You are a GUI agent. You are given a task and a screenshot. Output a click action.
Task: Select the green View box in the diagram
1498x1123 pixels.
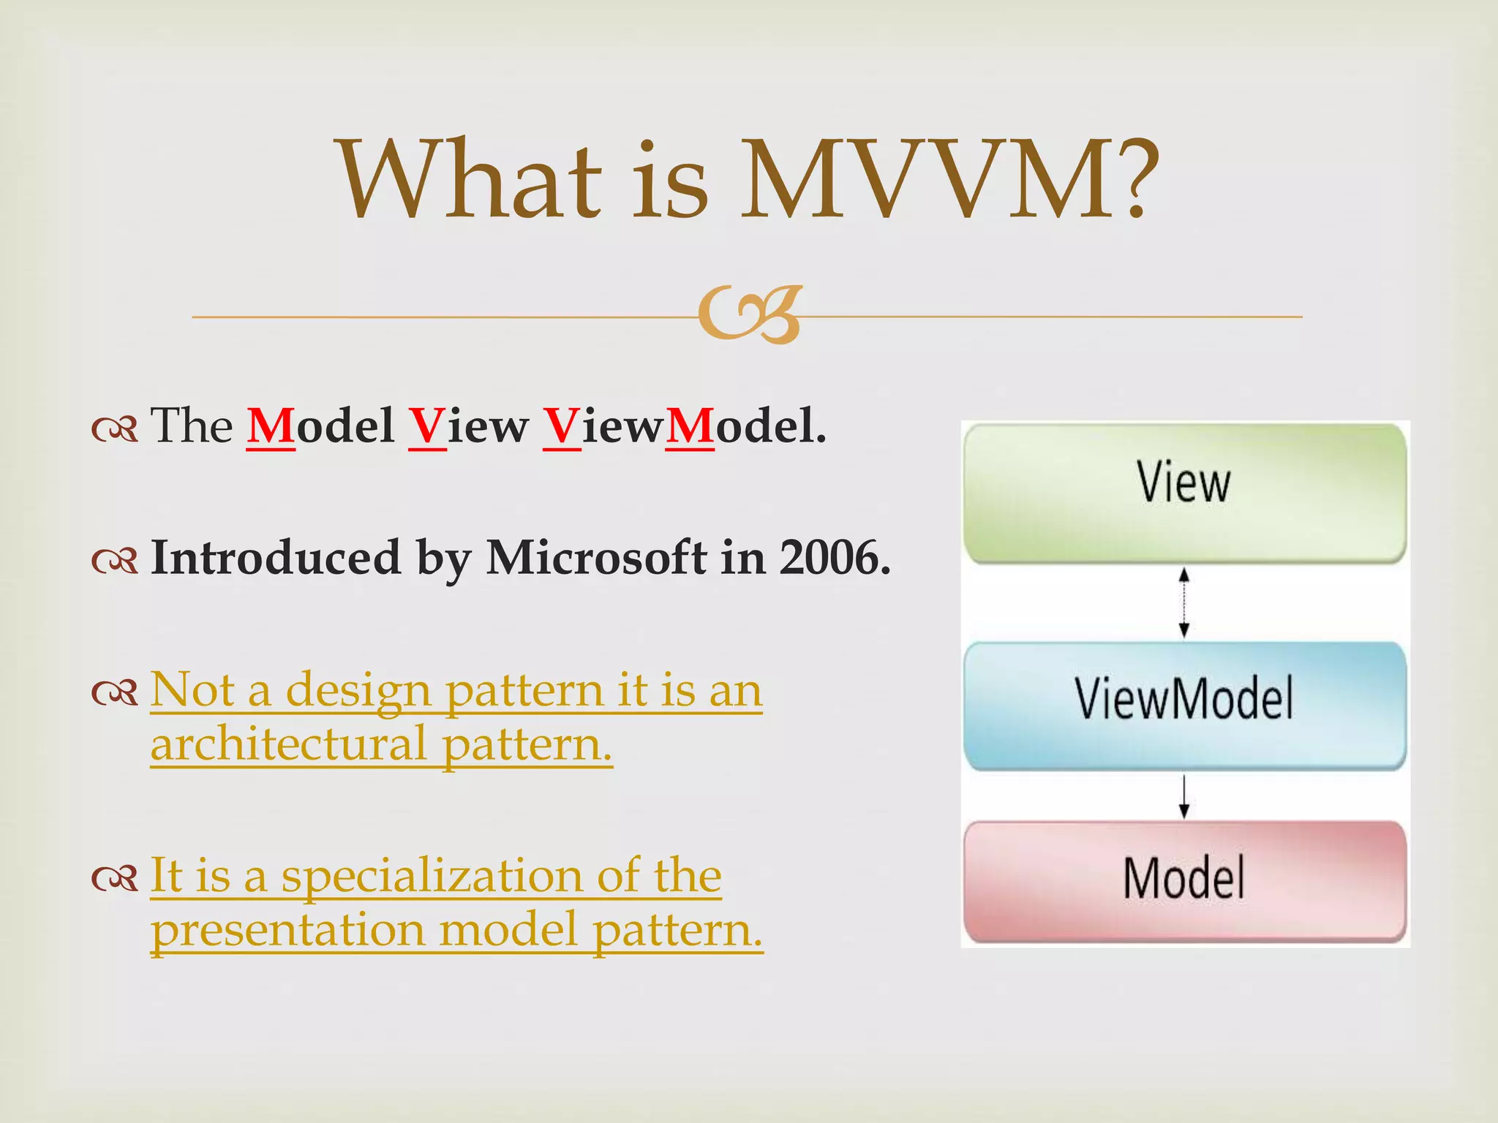point(1184,493)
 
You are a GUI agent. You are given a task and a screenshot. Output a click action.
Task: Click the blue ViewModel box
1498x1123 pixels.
point(1184,704)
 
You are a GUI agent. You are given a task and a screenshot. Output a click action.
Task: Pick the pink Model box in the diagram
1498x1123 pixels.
point(1184,881)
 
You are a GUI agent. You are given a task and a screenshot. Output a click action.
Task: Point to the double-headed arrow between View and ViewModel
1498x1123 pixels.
point(1184,602)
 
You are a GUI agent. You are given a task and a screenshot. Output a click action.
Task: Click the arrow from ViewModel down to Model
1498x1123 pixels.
point(1184,795)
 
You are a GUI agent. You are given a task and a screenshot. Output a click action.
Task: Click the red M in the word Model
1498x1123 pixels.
point(271,426)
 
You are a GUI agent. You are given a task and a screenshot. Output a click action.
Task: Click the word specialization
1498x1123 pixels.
point(432,875)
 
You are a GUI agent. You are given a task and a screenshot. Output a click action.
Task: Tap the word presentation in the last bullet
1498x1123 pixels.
point(287,931)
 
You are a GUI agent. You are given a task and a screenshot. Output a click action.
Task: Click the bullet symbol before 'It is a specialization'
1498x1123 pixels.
point(115,878)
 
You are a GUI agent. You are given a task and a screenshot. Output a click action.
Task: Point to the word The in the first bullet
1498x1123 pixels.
point(192,426)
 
